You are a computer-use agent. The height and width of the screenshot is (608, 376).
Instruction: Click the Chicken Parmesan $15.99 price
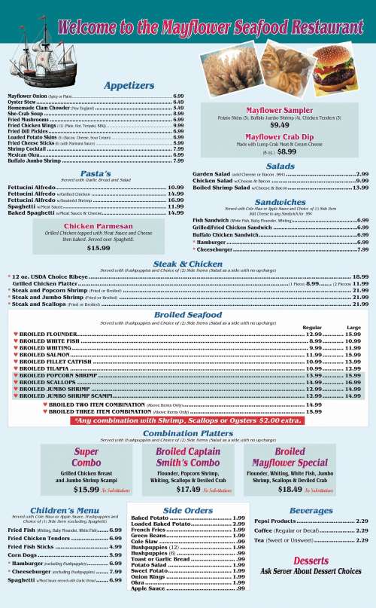point(98,226)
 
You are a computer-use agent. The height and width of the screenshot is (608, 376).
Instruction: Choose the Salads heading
point(280,166)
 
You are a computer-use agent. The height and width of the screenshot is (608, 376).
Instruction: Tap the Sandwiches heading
point(280,202)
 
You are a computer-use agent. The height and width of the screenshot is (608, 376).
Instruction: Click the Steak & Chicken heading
point(187,264)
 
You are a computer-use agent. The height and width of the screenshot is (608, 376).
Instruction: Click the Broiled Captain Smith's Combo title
point(187,457)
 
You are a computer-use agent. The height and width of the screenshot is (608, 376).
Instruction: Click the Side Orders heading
point(187,511)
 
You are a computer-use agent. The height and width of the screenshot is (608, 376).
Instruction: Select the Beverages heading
point(311,511)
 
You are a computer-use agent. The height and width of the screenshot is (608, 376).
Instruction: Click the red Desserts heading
point(311,561)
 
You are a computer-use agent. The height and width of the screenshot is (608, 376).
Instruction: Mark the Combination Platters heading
point(187,433)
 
